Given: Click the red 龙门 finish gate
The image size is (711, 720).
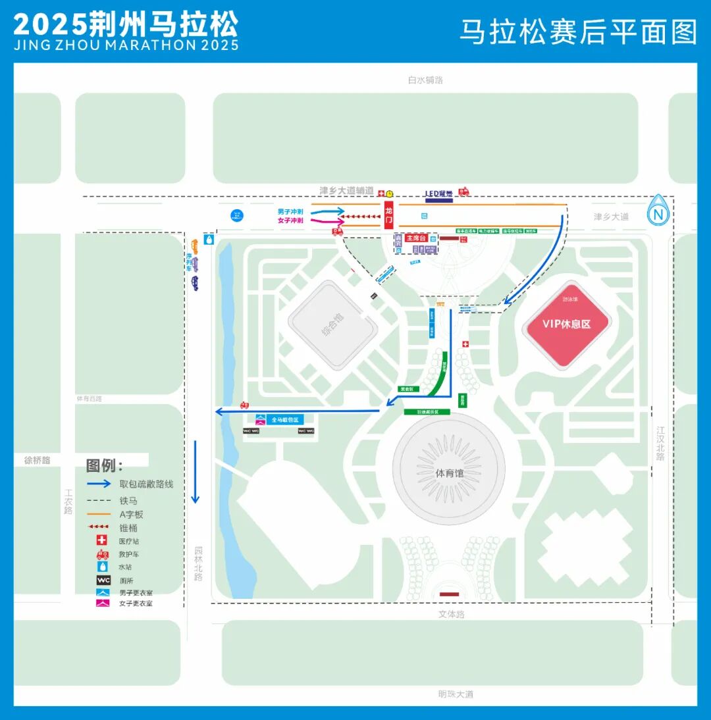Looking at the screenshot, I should [388, 215].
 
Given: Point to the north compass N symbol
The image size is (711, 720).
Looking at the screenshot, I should [658, 213].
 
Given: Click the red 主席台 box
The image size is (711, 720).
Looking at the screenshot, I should [417, 238].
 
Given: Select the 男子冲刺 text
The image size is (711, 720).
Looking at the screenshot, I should [290, 211].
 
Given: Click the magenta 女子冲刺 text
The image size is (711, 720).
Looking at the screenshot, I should [290, 220].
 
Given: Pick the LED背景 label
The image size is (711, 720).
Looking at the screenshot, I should [439, 193].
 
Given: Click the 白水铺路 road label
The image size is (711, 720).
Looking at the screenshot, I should [425, 80].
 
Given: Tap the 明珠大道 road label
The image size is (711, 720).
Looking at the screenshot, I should [456, 694].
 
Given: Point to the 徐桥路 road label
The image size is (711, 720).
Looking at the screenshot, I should [38, 461].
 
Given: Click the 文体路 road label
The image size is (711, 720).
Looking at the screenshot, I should [452, 614].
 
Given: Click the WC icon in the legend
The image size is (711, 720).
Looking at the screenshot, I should [103, 580].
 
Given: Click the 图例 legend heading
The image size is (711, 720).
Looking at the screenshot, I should [105, 466].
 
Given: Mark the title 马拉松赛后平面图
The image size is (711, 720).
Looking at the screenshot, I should [578, 32].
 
